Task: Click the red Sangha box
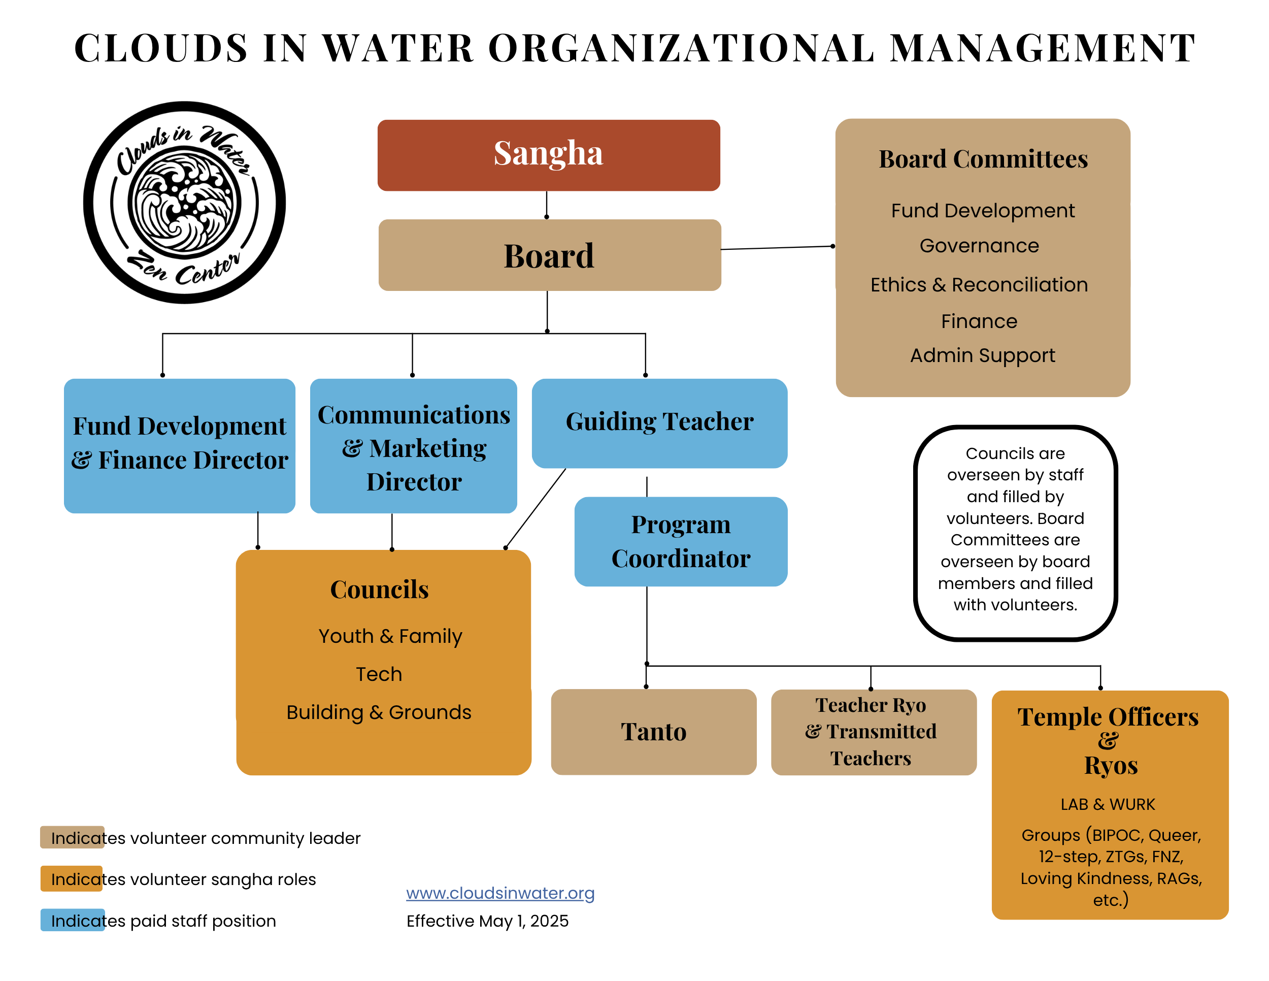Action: click(549, 155)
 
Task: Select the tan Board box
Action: click(549, 255)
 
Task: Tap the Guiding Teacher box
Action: click(659, 422)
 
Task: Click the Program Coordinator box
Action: click(680, 541)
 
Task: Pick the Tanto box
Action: click(654, 732)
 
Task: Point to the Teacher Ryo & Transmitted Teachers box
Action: click(873, 732)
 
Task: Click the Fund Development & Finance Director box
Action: click(180, 445)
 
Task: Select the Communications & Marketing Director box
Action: click(414, 446)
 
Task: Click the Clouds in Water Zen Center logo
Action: click(185, 202)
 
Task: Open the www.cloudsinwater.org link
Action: click(500, 893)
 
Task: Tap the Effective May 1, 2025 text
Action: click(487, 921)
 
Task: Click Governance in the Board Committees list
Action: click(979, 246)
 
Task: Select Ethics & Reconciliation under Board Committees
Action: click(979, 285)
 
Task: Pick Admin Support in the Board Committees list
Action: click(982, 355)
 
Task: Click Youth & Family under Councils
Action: click(390, 636)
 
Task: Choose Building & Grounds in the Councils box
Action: click(379, 712)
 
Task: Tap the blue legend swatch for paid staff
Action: click(72, 920)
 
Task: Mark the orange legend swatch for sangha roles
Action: click(72, 878)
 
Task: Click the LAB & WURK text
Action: click(1108, 804)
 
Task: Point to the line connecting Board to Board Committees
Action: click(778, 248)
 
